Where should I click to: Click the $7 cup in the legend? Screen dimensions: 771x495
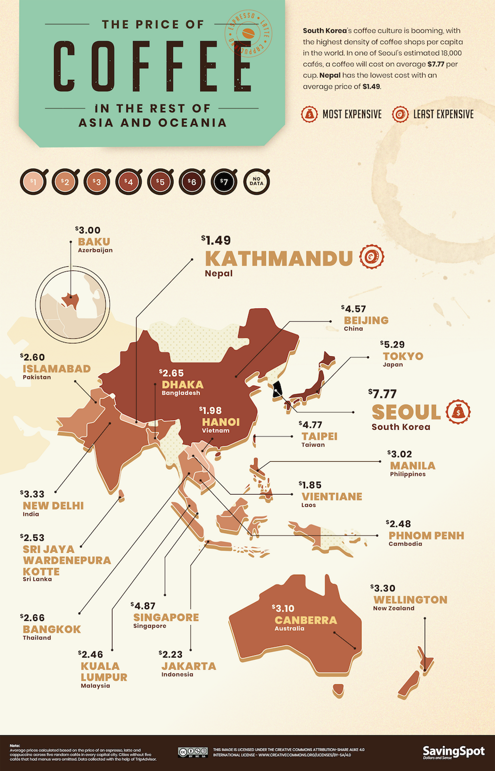tap(224, 182)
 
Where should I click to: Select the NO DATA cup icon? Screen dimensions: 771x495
tap(256, 182)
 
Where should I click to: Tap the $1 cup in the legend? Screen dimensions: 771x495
tap(33, 182)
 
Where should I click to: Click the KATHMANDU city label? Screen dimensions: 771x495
tap(279, 258)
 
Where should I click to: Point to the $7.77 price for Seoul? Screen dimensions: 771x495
tap(382, 393)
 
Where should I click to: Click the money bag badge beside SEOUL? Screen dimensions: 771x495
tap(458, 412)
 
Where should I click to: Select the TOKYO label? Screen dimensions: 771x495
tap(403, 356)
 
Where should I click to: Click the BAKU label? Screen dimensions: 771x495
tap(94, 242)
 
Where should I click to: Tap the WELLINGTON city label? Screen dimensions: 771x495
tap(410, 600)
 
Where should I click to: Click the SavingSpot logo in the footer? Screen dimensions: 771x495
tap(453, 752)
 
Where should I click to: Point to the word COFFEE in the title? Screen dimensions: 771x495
tap(152, 66)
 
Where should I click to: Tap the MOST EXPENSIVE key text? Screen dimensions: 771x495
tap(351, 114)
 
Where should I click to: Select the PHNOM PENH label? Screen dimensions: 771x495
tap(426, 536)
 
